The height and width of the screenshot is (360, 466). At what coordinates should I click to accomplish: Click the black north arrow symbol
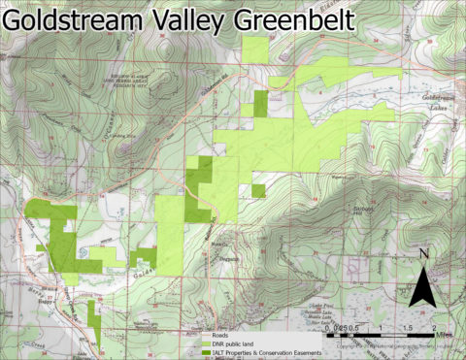click(x=422, y=286)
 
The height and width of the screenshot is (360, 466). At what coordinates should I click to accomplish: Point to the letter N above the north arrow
click(x=422, y=255)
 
